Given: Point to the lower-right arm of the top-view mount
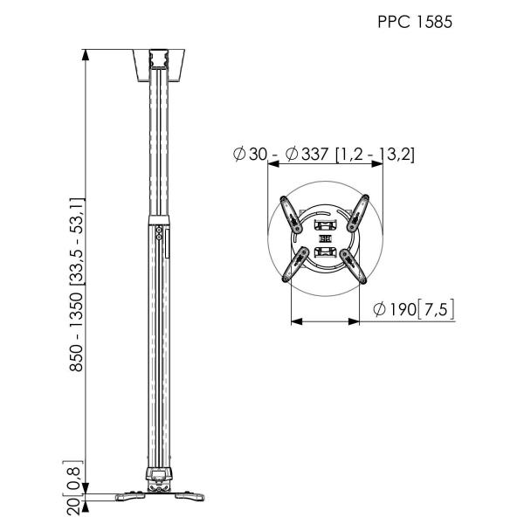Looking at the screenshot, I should click(356, 265).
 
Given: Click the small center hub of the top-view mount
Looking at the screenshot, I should click(324, 238).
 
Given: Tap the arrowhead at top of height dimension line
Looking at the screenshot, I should click(86, 54).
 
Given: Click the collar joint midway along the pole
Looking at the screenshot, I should click(158, 219).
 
